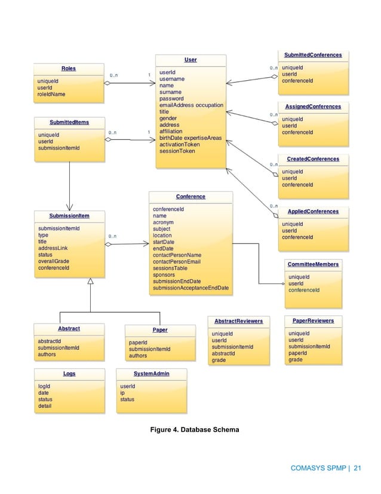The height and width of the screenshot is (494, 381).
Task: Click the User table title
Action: pyautogui.click(x=190, y=60)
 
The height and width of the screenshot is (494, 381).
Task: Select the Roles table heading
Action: pyautogui.click(x=68, y=69)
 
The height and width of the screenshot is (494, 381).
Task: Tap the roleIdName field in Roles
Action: pyautogui.click(x=51, y=94)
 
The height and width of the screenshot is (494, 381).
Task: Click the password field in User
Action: pyautogui.click(x=171, y=98)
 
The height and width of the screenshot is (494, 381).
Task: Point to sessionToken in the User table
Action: pyautogui.click(x=177, y=151)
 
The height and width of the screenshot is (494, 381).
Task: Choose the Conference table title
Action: pyautogui.click(x=190, y=196)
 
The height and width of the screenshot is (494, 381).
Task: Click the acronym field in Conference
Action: pyautogui.click(x=163, y=222)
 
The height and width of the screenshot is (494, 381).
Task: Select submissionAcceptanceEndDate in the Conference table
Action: pyautogui.click(x=190, y=288)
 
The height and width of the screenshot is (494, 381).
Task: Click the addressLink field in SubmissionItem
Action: pyautogui.click(x=53, y=248)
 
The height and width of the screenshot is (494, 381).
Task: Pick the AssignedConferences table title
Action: pyautogui.click(x=313, y=106)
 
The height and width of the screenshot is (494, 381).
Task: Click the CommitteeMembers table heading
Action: pyautogui.click(x=313, y=264)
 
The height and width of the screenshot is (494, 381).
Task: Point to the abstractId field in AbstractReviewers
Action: pyautogui.click(x=224, y=353)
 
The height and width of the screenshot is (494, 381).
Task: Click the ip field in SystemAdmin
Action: pyautogui.click(x=122, y=393)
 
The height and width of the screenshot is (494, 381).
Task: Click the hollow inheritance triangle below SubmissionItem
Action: pyautogui.click(x=90, y=282)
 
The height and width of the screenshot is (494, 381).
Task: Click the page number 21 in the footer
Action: pyautogui.click(x=358, y=468)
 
